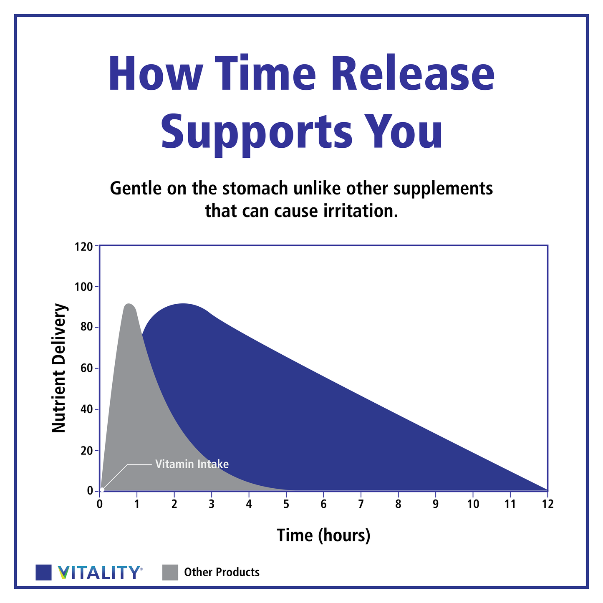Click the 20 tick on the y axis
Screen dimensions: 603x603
[x=86, y=451]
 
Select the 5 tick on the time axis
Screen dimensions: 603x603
[x=286, y=504]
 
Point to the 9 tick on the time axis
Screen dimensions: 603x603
[x=435, y=504]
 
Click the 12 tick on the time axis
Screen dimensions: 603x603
[x=547, y=504]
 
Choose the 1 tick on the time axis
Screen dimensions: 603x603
[x=137, y=504]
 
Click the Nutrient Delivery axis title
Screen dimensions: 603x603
[x=59, y=368]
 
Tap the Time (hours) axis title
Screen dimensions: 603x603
[x=323, y=535]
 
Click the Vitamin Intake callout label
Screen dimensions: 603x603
[x=192, y=464]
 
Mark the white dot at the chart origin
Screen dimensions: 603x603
[x=102, y=489]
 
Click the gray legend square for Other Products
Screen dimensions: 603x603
[x=170, y=572]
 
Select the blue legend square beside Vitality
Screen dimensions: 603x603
[x=44, y=572]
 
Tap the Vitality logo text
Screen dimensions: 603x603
[x=98, y=572]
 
